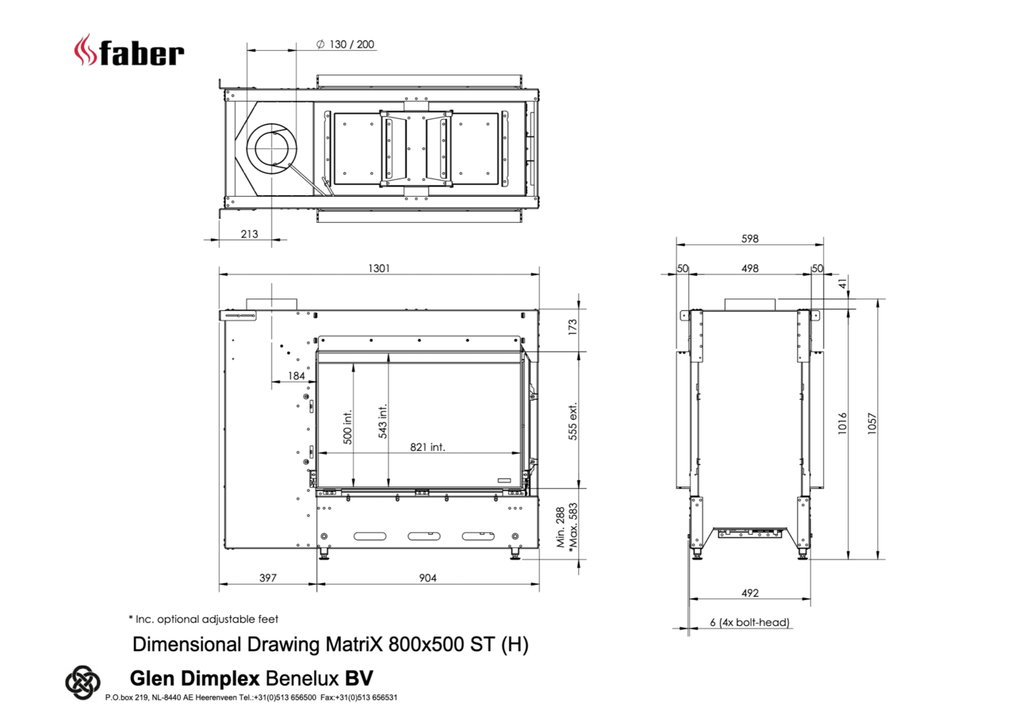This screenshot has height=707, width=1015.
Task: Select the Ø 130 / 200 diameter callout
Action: click(345, 44)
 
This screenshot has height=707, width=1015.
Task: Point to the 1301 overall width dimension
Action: click(378, 268)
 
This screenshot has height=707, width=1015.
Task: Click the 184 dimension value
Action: click(296, 376)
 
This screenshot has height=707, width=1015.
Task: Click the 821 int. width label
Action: click(427, 447)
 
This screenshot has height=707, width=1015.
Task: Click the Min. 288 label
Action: click(561, 528)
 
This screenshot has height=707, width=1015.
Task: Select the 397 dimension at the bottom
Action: click(268, 578)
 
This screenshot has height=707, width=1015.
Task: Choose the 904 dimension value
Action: click(427, 578)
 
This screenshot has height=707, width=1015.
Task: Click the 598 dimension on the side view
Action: click(749, 238)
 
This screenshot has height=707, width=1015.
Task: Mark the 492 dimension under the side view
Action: click(749, 593)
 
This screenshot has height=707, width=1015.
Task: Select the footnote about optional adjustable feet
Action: click(203, 619)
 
